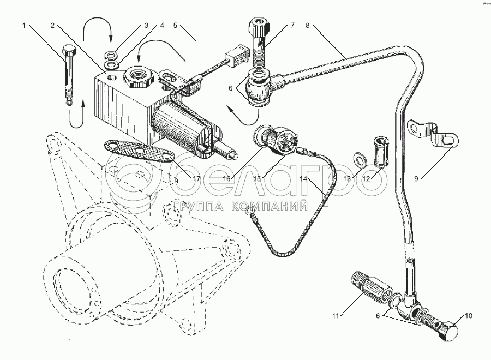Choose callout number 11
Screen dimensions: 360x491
coord(336,315)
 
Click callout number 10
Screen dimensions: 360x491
coord(468,315)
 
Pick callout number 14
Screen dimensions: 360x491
coord(303,178)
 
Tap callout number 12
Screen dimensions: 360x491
coord(367,178)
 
